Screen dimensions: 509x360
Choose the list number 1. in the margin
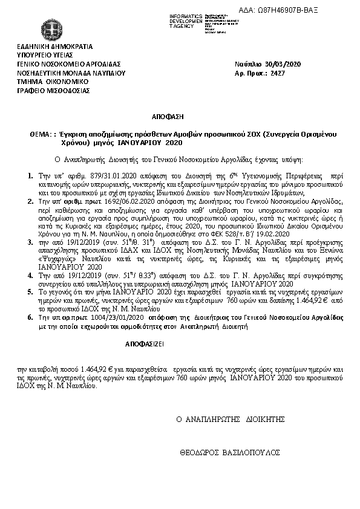point(31,175)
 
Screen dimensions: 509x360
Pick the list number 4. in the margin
point(31,275)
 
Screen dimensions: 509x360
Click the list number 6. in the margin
point(31,317)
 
